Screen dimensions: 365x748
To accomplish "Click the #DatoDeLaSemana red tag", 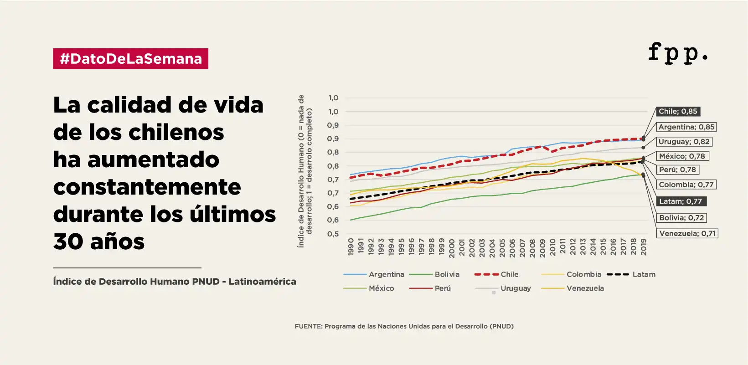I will [x=130, y=59].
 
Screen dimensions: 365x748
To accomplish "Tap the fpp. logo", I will [x=677, y=52].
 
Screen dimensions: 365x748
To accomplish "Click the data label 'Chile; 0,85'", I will [x=678, y=112].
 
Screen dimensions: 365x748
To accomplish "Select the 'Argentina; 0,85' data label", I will [x=686, y=127].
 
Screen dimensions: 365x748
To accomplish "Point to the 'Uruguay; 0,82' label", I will [x=684, y=142].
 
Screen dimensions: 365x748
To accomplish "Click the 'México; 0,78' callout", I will [x=682, y=156].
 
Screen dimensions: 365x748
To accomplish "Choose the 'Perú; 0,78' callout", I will [x=677, y=170].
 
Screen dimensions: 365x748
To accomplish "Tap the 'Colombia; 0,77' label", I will [x=686, y=185].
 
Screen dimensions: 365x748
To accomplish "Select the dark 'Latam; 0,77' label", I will [x=681, y=201].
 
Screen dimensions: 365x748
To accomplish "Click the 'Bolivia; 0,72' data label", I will [x=681, y=218].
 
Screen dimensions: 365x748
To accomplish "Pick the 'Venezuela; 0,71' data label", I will [x=687, y=233].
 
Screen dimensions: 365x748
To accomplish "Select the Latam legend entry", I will [x=631, y=274].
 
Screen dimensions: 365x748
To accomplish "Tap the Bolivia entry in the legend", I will [x=434, y=274].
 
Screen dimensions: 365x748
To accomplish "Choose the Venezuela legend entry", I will [x=573, y=288].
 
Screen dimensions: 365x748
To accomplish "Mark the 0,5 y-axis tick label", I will [x=333, y=234].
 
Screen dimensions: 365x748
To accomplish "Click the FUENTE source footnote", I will [x=404, y=326].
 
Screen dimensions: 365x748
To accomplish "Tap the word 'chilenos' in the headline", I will [x=176, y=132].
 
